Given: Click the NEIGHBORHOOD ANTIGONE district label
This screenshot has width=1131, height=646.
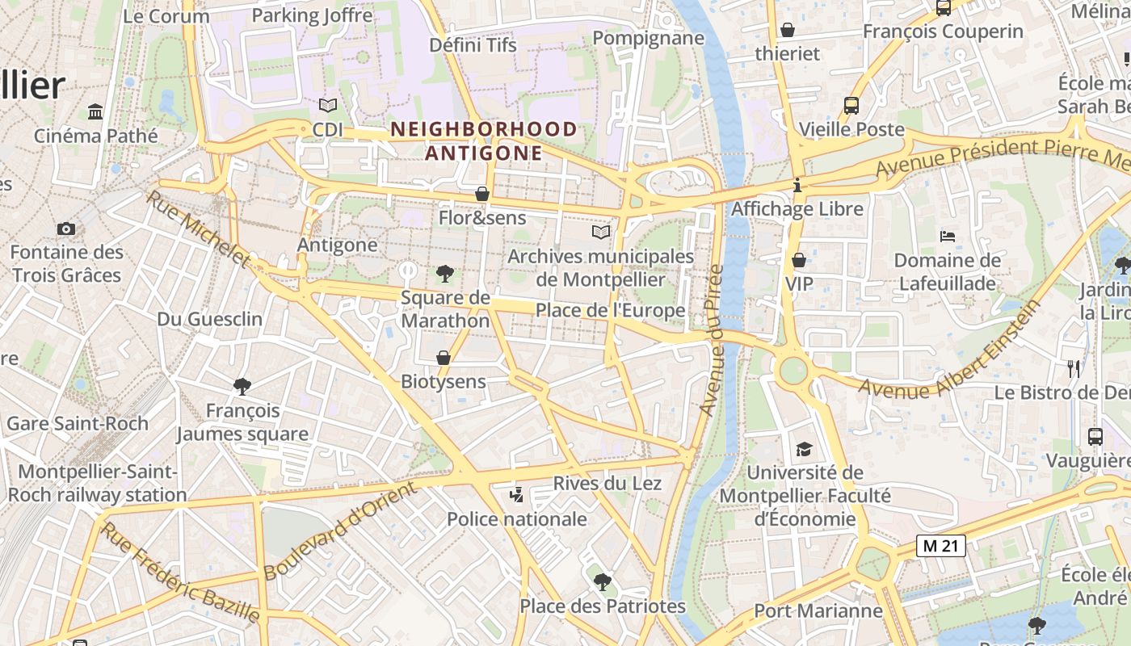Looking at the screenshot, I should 484,141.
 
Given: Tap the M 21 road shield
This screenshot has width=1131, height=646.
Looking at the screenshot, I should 941,546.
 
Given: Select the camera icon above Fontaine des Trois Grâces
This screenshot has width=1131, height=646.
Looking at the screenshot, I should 66,229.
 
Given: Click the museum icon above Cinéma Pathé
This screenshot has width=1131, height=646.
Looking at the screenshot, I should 95,111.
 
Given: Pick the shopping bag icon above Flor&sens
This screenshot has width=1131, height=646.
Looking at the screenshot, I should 482,195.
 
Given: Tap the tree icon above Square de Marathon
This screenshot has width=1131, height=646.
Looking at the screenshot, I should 444,274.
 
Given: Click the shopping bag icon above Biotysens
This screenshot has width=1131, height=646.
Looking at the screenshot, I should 444,358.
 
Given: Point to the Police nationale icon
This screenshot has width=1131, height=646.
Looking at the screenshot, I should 516,495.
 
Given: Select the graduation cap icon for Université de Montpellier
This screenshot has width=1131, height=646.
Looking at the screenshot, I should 804,449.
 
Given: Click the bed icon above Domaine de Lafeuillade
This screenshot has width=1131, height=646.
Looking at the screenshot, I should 948,237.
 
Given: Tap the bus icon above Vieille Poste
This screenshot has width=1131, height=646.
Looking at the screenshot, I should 851,106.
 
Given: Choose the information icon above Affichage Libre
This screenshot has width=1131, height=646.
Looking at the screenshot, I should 797,186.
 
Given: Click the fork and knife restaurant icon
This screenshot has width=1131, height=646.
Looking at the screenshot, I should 1074,369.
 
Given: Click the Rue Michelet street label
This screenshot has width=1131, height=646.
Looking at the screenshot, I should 198,229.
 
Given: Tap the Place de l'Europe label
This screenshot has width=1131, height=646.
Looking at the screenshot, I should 610,310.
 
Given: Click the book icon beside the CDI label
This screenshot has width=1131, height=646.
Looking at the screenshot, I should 327,106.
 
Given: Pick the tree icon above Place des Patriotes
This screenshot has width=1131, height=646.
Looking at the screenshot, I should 602,581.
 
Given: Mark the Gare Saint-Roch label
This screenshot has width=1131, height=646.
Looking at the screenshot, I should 78,423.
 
